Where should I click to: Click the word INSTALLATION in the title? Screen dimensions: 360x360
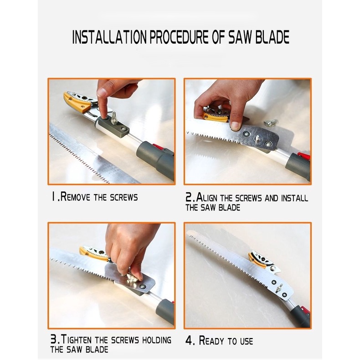coord(109,37)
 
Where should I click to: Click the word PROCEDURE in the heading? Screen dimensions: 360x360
coord(179,37)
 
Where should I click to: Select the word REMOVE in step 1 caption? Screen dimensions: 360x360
coord(75,197)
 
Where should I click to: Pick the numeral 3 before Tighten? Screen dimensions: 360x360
coord(53,339)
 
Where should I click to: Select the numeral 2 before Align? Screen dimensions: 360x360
coord(189,197)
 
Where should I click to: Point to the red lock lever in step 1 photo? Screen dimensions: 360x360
coord(159,147)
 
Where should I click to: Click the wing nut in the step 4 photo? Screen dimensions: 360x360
coord(280,288)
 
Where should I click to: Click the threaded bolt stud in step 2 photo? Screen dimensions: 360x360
coord(258,139)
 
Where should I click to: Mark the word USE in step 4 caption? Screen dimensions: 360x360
coord(247,341)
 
